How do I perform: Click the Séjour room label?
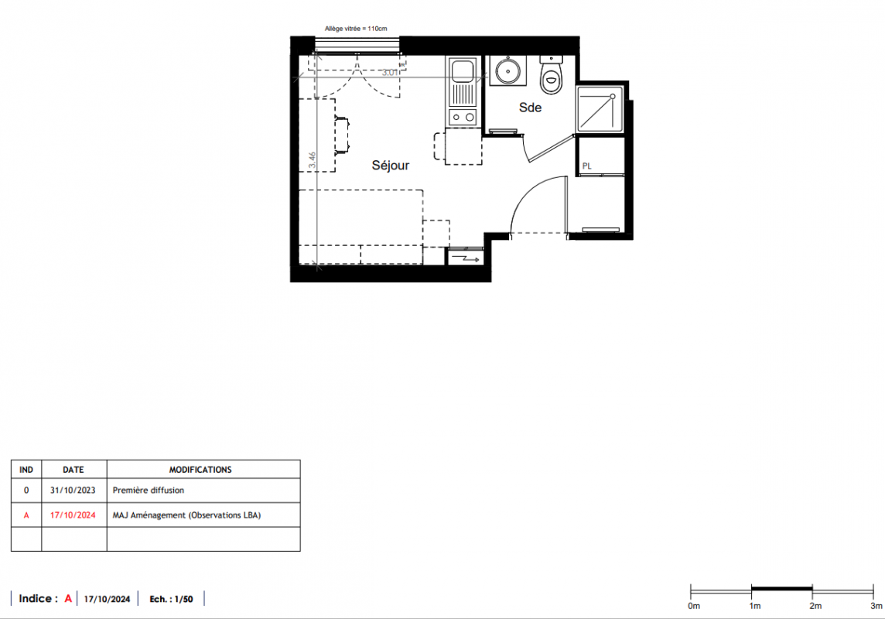(391, 166)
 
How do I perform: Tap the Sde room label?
(531, 108)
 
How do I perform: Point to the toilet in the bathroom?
(552, 75)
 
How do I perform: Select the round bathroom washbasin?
(508, 71)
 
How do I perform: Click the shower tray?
(600, 109)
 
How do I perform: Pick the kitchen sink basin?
(463, 70)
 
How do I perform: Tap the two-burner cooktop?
(463, 118)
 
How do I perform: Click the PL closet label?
(587, 166)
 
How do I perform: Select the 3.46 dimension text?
(312, 160)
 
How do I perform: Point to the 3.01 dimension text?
(390, 72)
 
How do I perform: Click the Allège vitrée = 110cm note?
(356, 29)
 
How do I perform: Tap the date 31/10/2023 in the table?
(73, 491)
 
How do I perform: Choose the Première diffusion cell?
(149, 491)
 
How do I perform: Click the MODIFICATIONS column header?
(200, 470)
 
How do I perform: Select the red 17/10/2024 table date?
(73, 515)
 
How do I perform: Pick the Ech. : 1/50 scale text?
(171, 599)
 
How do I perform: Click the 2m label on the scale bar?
(815, 606)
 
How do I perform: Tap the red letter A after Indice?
(68, 599)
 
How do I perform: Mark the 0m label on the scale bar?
(694, 606)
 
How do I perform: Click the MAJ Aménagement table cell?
(186, 515)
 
